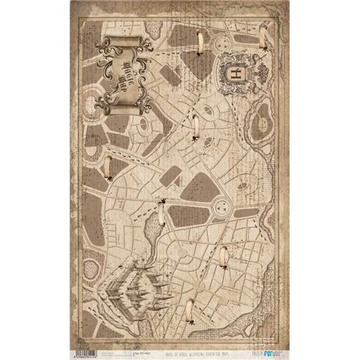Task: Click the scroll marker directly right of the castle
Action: [x=225, y=257]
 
